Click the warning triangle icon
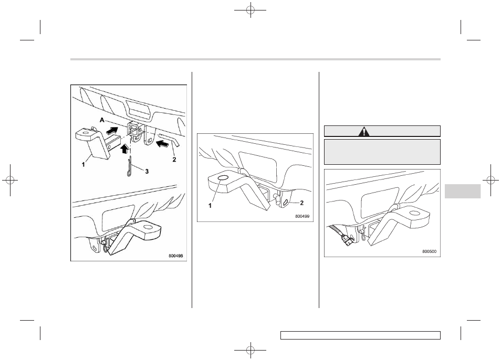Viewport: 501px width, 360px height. tap(363, 131)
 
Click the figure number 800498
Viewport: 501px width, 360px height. tap(176, 256)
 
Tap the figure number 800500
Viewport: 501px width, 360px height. tap(429, 251)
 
